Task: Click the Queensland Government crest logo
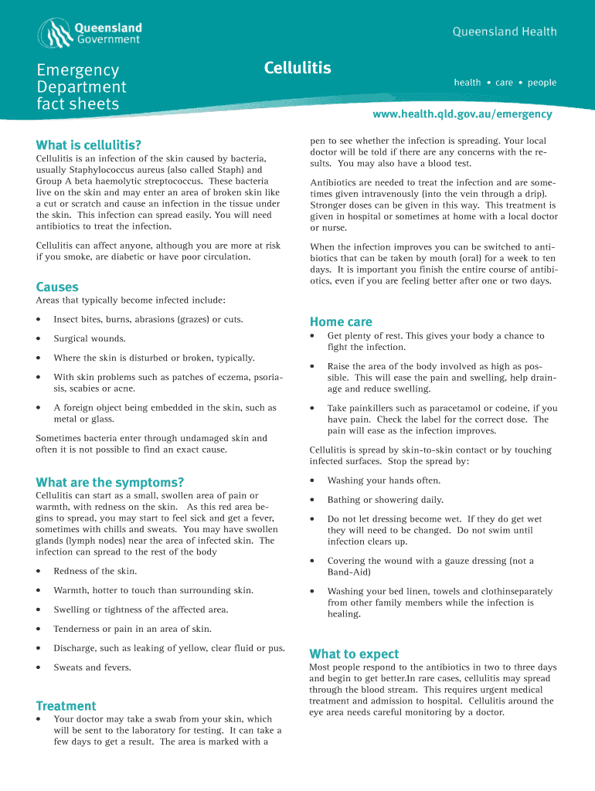click(56, 32)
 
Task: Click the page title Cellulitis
click(297, 69)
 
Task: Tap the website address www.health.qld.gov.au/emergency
click(462, 114)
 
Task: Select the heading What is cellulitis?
click(89, 145)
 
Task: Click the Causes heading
click(57, 287)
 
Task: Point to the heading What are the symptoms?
click(110, 483)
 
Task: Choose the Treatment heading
click(66, 706)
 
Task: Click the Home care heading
click(341, 322)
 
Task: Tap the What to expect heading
click(354, 654)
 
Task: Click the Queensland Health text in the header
click(504, 32)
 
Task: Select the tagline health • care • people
click(505, 83)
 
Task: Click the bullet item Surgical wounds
click(89, 338)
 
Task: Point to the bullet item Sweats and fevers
click(92, 667)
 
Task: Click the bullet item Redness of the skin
click(95, 571)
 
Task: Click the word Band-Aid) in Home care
click(348, 572)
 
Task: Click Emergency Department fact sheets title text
click(81, 87)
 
